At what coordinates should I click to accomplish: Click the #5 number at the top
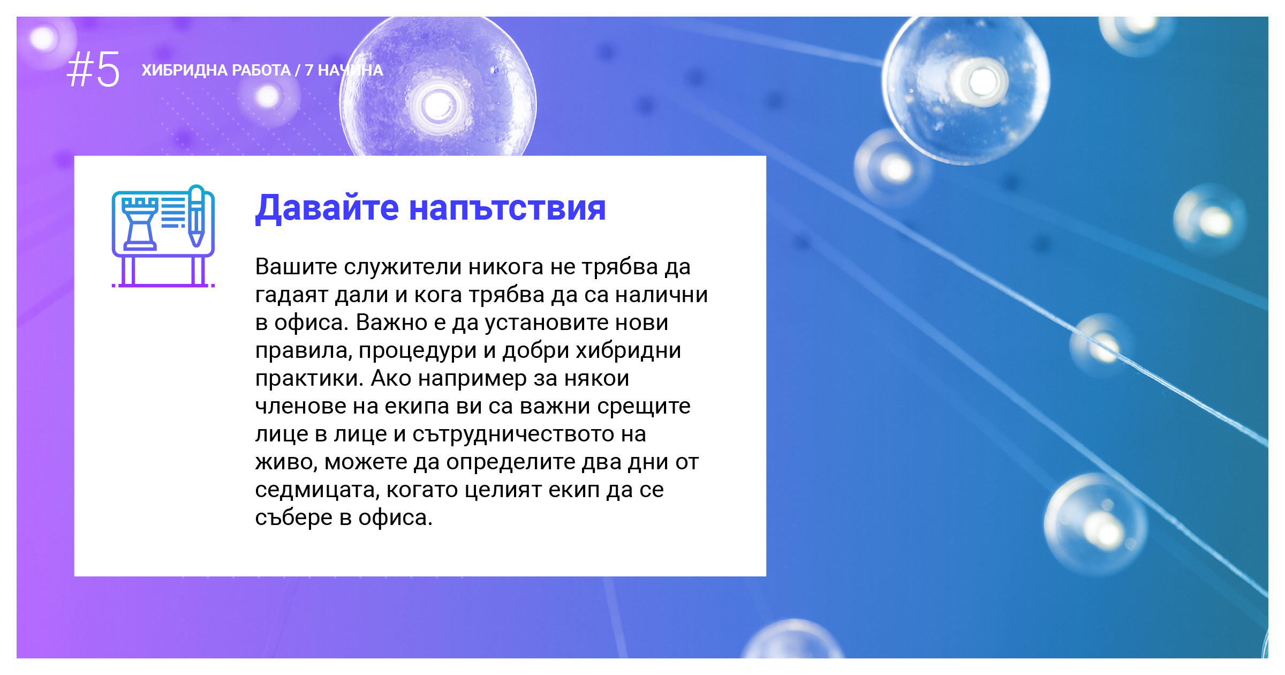pos(93,70)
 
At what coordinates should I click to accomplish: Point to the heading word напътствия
pos(508,208)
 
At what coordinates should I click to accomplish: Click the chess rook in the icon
pos(140,224)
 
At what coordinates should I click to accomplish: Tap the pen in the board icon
pos(196,215)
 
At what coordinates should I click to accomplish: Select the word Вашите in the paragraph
pos(296,266)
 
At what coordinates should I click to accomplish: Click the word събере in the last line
pos(294,517)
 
